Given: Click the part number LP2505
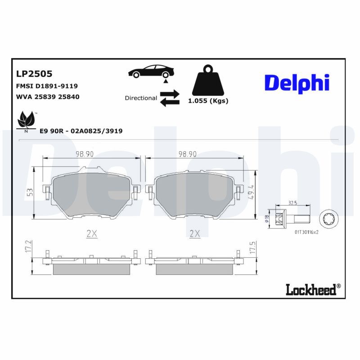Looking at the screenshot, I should tap(34, 73).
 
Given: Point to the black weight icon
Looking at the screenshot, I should tap(208, 81).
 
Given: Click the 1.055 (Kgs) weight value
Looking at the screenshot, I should tap(208, 101).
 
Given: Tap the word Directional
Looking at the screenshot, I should tap(141, 98).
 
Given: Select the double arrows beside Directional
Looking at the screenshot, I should tap(170, 98).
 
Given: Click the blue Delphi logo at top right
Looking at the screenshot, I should tap(297, 83).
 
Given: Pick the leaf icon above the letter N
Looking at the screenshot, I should tap(26, 120).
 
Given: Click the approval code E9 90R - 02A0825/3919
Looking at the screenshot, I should tap(81, 131).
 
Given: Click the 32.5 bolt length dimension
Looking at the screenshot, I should tap(292, 203).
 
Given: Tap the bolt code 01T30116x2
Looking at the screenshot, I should tap(306, 232).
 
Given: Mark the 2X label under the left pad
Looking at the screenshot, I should tap(92, 233).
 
